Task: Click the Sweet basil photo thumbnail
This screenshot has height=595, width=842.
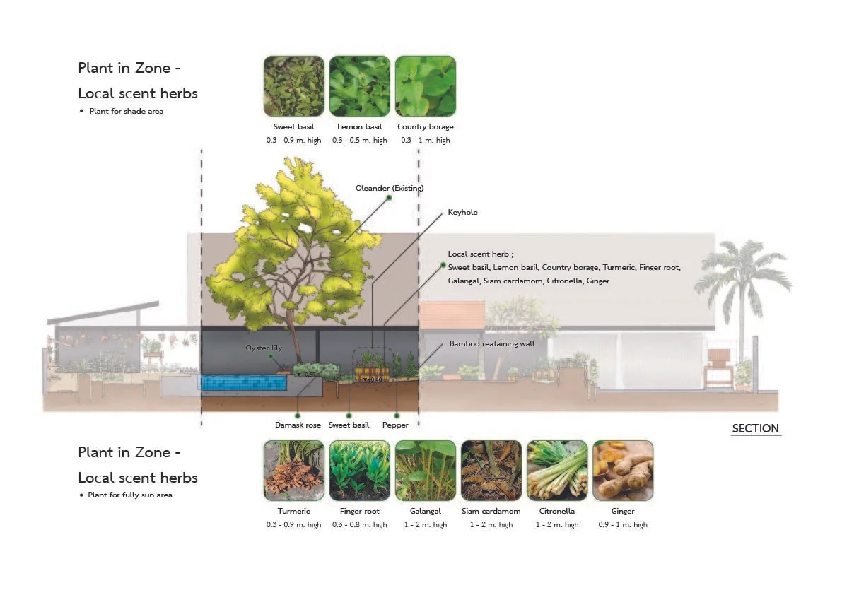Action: (x=293, y=86)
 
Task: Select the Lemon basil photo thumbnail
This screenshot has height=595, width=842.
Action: (x=359, y=86)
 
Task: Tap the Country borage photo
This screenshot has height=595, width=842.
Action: (x=426, y=86)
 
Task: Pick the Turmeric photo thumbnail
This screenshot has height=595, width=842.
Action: (x=293, y=471)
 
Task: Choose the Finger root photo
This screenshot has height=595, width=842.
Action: (x=359, y=471)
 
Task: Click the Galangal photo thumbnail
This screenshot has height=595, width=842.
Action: (x=426, y=471)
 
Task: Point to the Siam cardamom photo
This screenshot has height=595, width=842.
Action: (x=491, y=471)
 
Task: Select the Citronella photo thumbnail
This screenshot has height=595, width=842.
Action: (x=557, y=471)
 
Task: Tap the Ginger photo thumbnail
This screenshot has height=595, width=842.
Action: (x=623, y=471)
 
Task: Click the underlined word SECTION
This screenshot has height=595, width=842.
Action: (x=755, y=428)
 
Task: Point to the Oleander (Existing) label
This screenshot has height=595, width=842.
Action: (x=390, y=188)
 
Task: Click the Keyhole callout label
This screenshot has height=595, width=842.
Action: (x=462, y=212)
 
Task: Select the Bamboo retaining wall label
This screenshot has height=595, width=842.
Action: (x=492, y=344)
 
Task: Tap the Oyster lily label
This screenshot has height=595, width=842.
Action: (x=264, y=348)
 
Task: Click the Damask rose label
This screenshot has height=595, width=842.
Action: (x=298, y=425)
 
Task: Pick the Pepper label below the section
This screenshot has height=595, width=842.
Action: (x=395, y=425)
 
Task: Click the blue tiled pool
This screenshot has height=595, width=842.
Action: (x=244, y=382)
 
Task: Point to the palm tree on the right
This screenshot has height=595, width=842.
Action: (x=741, y=283)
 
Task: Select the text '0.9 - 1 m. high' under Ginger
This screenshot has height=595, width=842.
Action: (x=623, y=524)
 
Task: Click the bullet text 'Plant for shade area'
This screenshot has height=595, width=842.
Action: (x=126, y=111)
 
